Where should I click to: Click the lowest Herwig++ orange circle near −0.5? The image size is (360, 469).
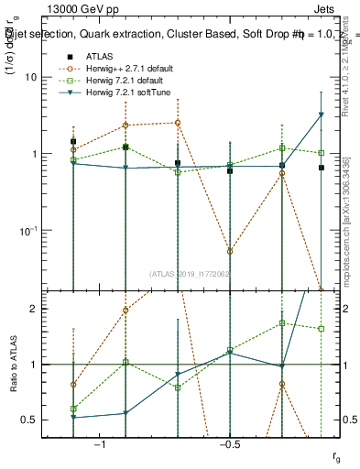coord(230,251)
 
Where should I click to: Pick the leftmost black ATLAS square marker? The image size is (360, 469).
coord(73,142)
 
